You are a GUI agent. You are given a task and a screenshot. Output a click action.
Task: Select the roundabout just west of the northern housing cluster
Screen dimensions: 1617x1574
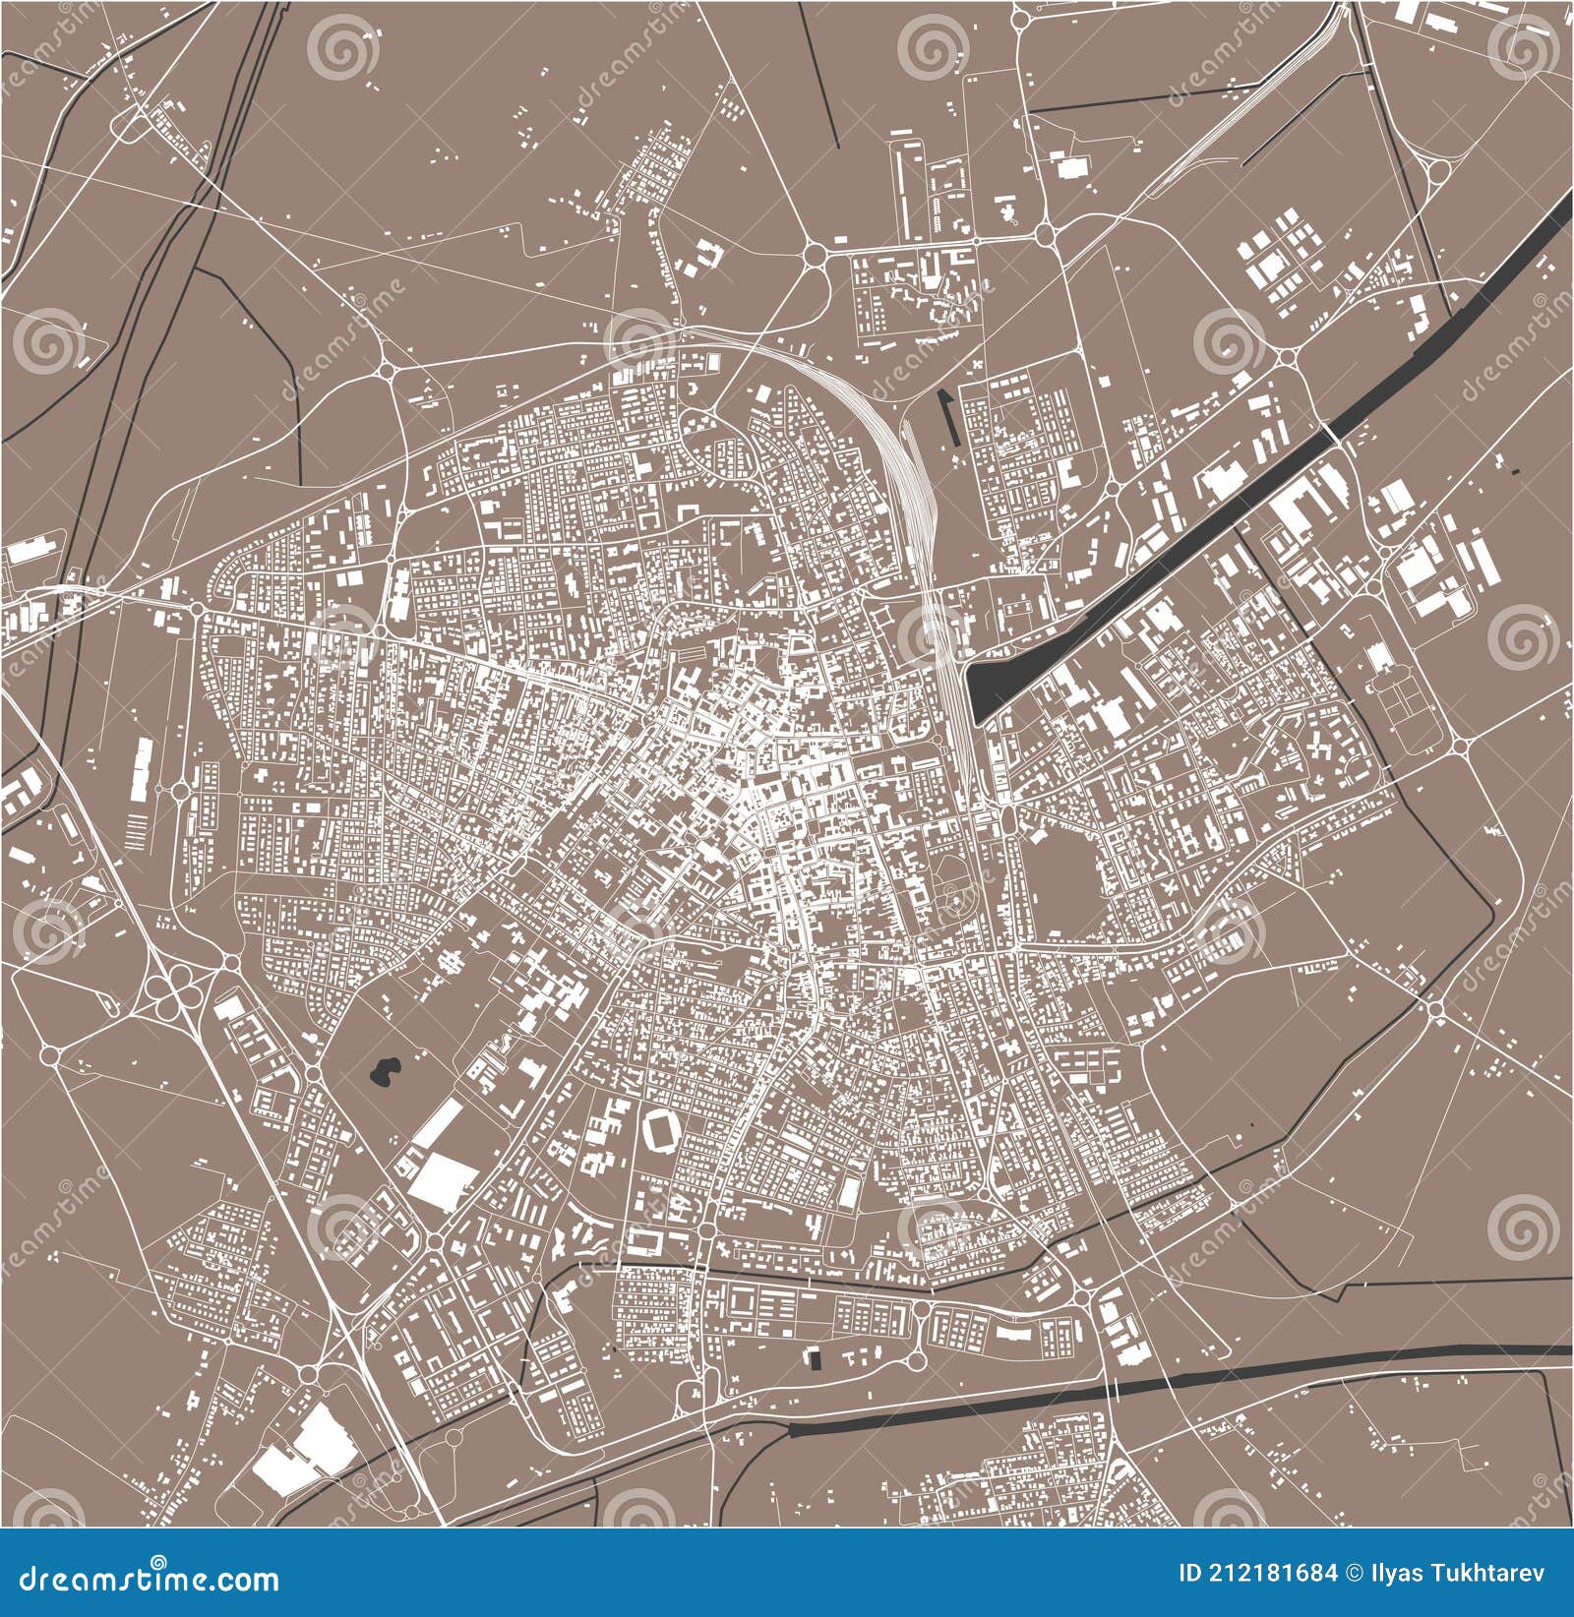(816, 256)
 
